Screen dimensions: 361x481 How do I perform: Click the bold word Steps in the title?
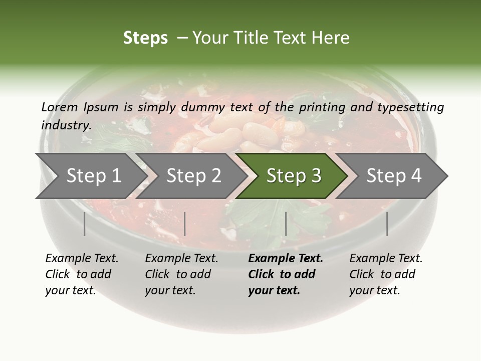click(x=145, y=38)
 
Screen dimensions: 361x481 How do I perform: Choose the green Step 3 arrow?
click(x=294, y=175)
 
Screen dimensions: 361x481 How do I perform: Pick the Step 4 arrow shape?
click(x=394, y=175)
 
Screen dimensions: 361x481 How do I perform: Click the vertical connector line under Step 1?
click(x=85, y=224)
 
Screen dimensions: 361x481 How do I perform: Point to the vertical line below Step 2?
click(x=185, y=224)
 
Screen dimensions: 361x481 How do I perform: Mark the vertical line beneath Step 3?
click(x=286, y=224)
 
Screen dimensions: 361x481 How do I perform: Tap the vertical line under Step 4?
click(x=387, y=224)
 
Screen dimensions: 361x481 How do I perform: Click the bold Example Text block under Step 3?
click(x=286, y=274)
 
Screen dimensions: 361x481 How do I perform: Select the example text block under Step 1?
click(x=82, y=274)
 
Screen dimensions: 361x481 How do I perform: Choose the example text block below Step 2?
click(x=181, y=274)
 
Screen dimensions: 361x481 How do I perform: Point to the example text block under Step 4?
click(x=386, y=274)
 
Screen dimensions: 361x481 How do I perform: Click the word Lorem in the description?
click(x=60, y=107)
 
